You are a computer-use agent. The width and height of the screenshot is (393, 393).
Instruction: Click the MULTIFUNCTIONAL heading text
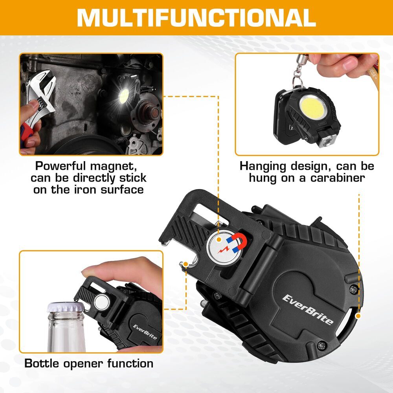pos(196,18)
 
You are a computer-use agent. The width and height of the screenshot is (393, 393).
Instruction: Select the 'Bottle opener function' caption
pos(89,363)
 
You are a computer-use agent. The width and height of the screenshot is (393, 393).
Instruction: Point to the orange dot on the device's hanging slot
pos(358,316)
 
